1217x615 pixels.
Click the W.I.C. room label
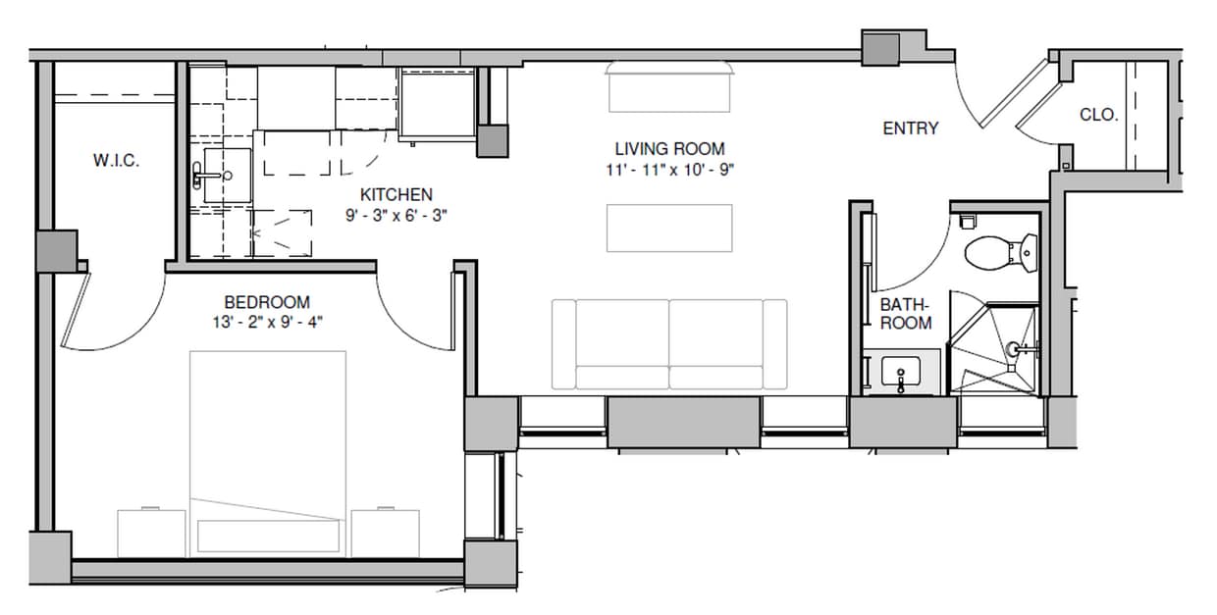116,160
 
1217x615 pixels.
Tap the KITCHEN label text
396,194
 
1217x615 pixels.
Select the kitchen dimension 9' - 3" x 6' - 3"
396,216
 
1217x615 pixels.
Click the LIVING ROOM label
669,149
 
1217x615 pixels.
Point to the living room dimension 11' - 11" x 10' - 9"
669,170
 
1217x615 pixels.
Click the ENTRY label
910,128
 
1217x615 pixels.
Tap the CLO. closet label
1098,115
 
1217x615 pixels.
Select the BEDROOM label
267,302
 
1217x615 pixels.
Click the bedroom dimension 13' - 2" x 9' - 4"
267,323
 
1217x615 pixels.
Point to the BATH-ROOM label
905,314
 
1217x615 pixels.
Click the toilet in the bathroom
1000,252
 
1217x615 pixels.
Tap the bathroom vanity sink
901,374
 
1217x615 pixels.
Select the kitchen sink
227,177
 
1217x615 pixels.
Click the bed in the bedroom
267,451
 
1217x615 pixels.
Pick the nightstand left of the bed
151,533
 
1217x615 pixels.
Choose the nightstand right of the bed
386,533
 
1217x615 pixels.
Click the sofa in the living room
669,344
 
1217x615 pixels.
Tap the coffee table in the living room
669,228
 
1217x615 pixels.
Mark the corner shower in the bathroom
996,350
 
